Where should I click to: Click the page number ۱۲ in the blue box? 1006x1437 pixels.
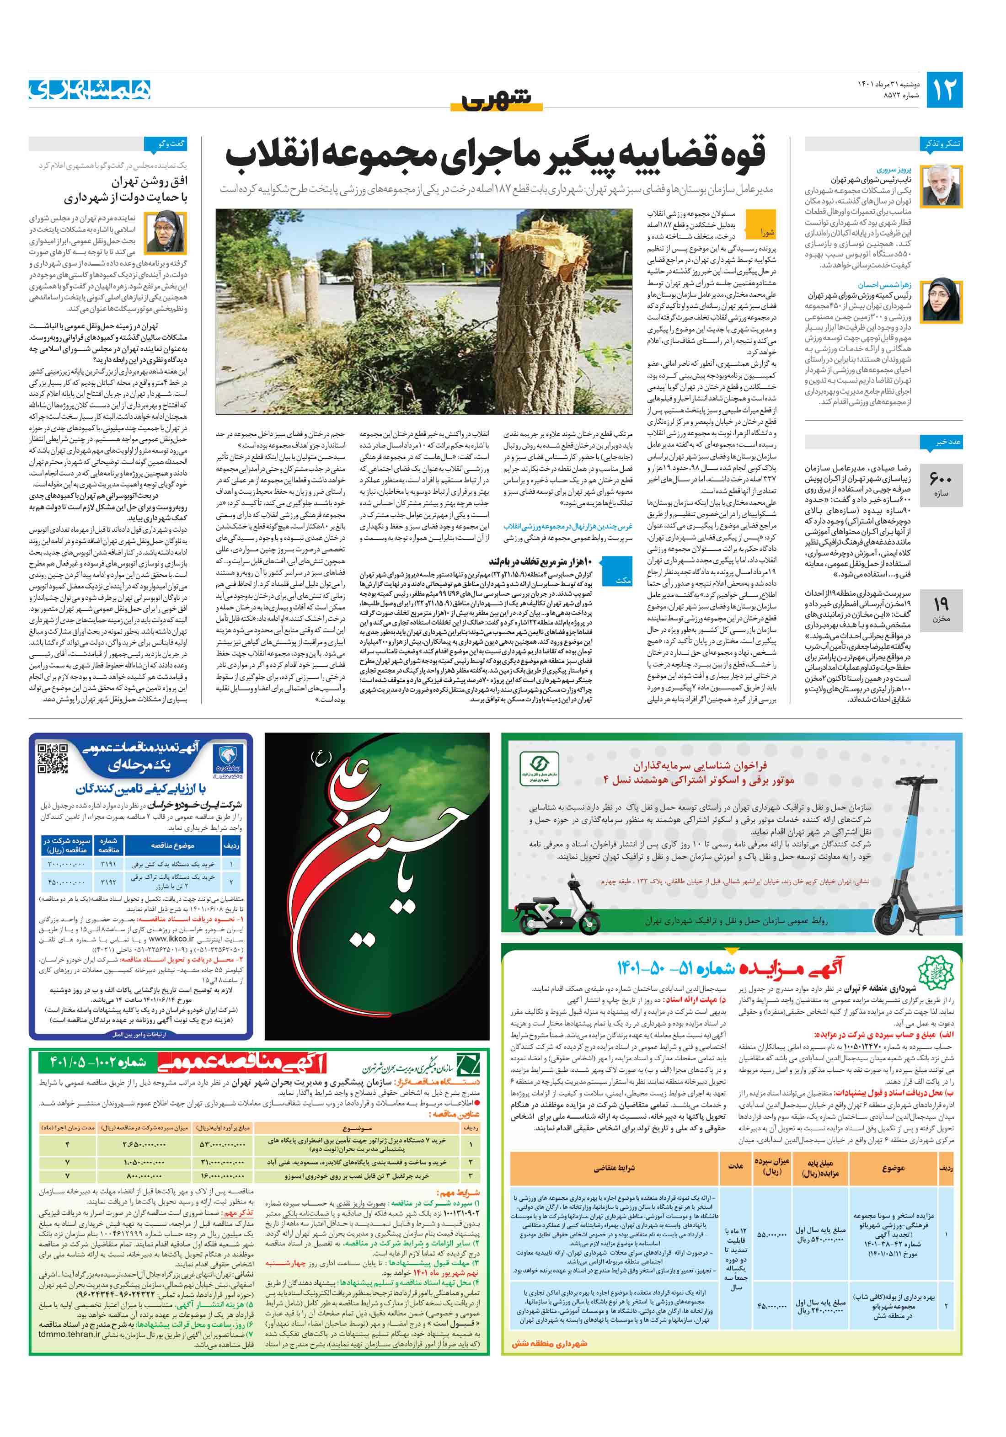point(943,90)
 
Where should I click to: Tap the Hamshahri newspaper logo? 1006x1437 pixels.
point(90,90)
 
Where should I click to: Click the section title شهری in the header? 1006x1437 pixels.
point(497,99)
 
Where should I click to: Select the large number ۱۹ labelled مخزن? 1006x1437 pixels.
point(941,604)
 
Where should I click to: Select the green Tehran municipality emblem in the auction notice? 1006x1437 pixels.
point(934,974)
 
